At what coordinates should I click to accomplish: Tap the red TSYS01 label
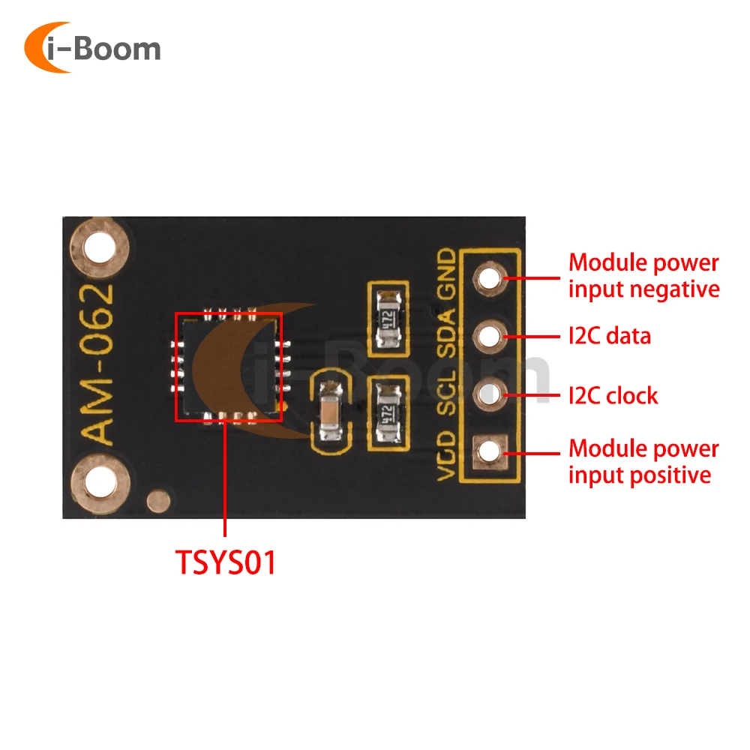pos(226,562)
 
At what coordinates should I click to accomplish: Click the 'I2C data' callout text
pos(609,336)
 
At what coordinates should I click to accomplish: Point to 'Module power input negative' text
pos(643,276)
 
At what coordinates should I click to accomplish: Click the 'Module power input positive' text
pos(643,461)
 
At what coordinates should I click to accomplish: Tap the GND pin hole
pos(490,277)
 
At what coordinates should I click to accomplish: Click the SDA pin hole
pos(490,335)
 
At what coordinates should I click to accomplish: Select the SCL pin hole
pos(490,393)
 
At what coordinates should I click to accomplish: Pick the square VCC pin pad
pos(490,451)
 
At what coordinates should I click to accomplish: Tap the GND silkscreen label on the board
pos(446,274)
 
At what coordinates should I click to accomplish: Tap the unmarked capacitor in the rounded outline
pos(330,412)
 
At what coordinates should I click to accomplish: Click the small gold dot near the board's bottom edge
pos(157,501)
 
